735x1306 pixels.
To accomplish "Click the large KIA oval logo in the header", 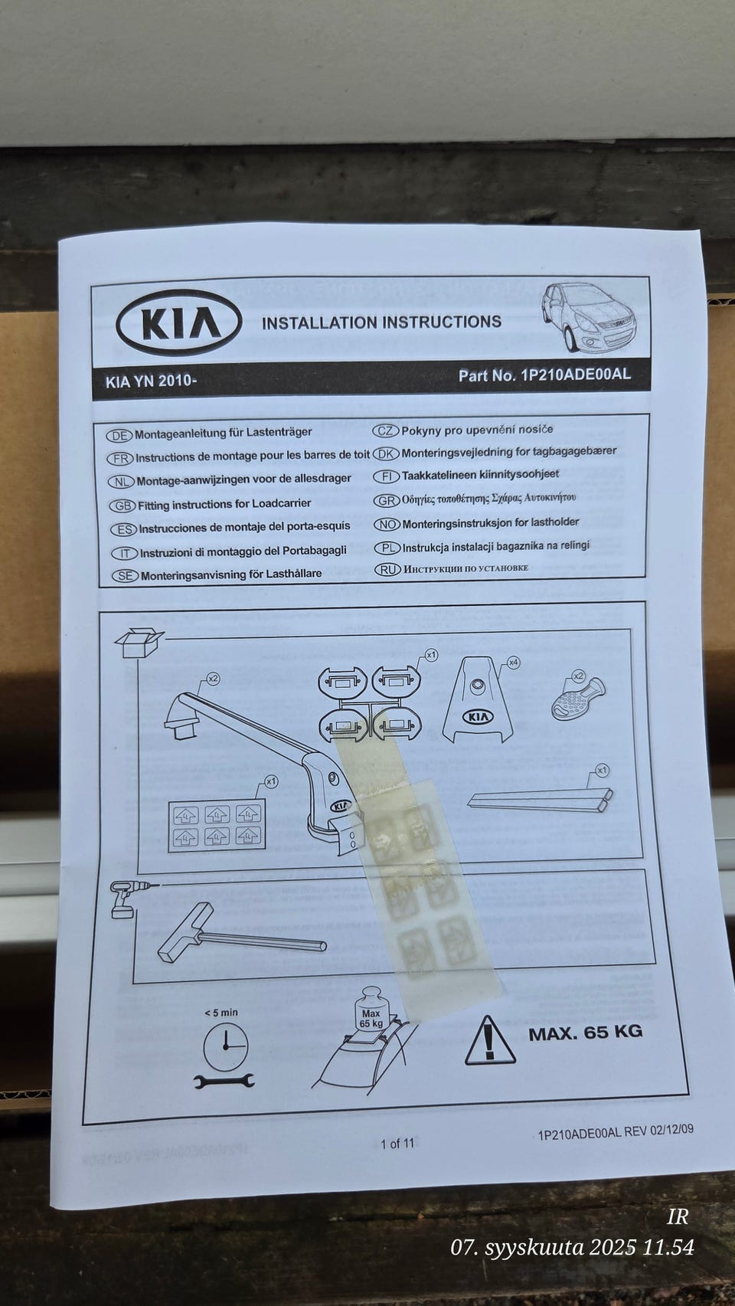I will pos(178,322).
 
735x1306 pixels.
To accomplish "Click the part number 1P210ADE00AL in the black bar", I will pos(576,375).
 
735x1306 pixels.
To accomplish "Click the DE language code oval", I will pos(119,435).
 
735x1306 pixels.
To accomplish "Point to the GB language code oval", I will pos(122,506).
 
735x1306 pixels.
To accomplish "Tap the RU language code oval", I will pos(387,569).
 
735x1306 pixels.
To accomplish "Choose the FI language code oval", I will pos(386,476).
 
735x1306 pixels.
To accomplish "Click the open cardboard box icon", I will pos(139,642).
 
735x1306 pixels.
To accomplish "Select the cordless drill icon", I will pos(125,898).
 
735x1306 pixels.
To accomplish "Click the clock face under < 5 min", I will pos(225,1047).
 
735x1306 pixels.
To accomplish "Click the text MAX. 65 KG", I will pos(585,1033).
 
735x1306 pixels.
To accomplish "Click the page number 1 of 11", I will pos(397,1144).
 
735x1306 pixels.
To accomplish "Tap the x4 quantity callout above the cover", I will pos(514,662).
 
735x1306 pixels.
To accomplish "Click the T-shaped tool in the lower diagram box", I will pos(230,935).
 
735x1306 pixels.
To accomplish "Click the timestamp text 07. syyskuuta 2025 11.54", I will pos(572,1248).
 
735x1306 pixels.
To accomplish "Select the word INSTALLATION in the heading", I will pos(319,322).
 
